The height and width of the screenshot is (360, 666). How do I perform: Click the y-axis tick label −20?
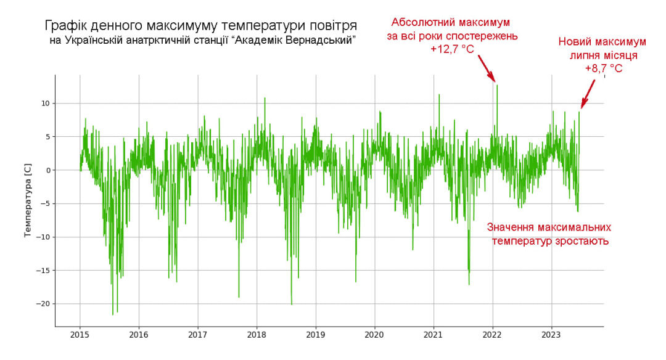point(41,304)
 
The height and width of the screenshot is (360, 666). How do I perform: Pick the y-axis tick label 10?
point(44,104)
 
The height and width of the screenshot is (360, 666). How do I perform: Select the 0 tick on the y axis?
point(47,170)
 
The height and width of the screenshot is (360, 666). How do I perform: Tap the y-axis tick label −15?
point(41,271)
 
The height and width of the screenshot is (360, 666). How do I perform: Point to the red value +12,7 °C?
point(452,49)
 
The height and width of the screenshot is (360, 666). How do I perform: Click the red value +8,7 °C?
point(603,69)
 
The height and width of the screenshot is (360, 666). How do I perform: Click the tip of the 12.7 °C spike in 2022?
point(497,85)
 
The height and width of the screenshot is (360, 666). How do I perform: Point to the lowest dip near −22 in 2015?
point(113,314)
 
